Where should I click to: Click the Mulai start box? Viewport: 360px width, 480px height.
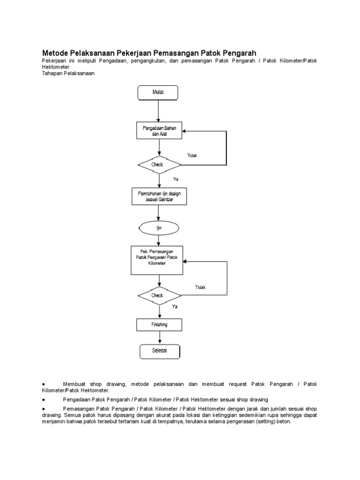coord(157,93)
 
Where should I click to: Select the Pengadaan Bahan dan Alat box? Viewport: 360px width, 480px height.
coord(159,131)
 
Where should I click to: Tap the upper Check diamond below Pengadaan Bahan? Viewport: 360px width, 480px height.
coord(159,165)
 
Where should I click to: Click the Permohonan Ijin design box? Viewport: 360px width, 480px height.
coord(159,196)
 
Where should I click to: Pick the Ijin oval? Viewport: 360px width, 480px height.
coord(159,228)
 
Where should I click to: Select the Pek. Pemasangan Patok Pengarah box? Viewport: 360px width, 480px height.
coord(157,260)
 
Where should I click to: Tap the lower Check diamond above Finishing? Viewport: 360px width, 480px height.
coord(159,296)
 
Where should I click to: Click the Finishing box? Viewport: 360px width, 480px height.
coord(159,325)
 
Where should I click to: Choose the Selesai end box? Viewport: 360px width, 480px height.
coord(160,352)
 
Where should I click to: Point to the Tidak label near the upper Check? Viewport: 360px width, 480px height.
coord(192,156)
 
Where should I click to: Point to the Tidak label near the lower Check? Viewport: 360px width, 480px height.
coord(200,287)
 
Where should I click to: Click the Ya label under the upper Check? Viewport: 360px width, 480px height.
coord(176,179)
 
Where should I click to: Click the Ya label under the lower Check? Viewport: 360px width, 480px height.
coord(175,307)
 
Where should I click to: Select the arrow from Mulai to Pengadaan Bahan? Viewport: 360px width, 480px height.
coord(158,112)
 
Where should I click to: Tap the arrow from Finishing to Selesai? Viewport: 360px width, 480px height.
coord(159,337)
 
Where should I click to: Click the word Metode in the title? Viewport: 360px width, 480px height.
coord(55,53)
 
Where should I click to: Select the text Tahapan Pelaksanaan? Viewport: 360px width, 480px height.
coord(68,74)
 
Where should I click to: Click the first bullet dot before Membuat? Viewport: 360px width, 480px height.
coord(44,384)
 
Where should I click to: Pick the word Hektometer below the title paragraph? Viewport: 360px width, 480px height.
coord(56,67)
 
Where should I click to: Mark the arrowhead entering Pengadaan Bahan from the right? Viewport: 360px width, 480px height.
coord(184,131)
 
